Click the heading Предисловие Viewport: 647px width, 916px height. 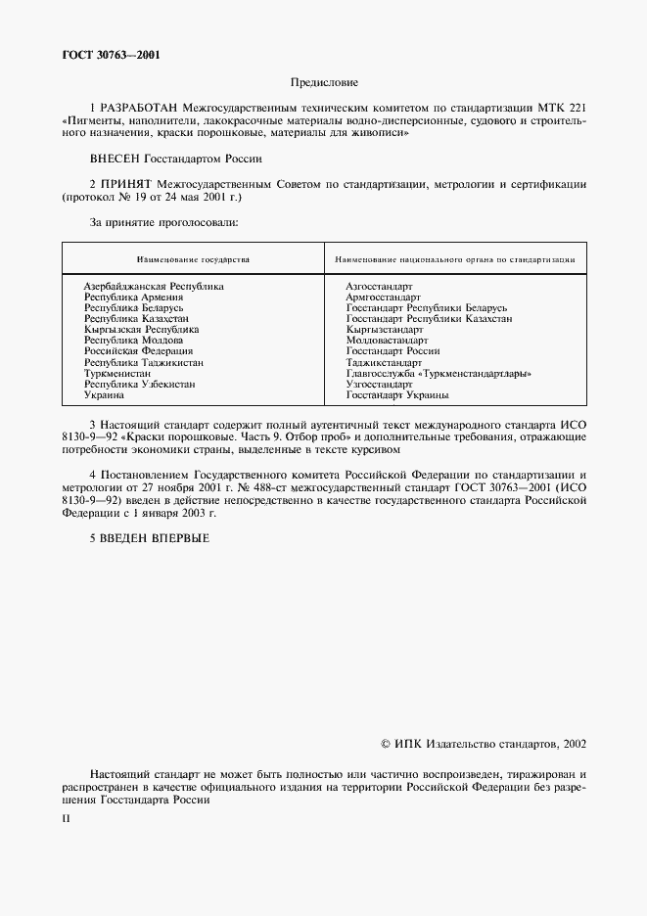click(x=324, y=83)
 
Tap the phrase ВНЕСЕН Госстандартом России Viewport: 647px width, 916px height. click(x=176, y=158)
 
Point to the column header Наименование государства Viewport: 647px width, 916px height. click(x=193, y=260)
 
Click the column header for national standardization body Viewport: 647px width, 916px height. click(x=454, y=260)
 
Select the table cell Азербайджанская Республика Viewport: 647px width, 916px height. click(x=154, y=286)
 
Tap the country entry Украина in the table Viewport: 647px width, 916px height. click(x=104, y=394)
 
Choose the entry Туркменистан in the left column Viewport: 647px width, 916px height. click(x=117, y=373)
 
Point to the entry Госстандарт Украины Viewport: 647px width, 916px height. click(x=397, y=394)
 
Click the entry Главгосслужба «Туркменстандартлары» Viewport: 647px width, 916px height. click(x=439, y=373)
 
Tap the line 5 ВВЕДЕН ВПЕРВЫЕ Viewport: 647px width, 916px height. click(x=150, y=537)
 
